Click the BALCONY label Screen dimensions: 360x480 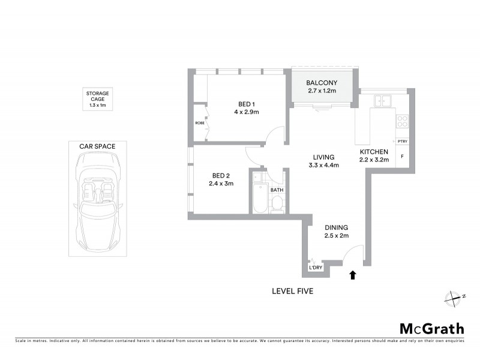321,83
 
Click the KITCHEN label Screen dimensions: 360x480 374,152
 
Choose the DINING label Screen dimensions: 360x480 336,227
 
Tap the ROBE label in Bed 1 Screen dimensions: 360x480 199,122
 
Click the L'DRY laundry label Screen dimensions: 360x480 315,268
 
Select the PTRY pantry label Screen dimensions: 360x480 403,142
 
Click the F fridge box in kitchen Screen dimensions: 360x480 402,157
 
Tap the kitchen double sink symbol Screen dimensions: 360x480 381,100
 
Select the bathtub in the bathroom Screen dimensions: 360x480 259,193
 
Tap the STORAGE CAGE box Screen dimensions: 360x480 97,99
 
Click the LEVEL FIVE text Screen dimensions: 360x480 292,292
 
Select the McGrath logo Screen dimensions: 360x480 431,328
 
